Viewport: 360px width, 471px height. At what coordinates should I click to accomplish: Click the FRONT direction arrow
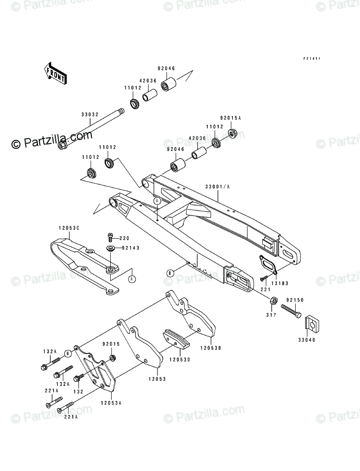pyautogui.click(x=55, y=72)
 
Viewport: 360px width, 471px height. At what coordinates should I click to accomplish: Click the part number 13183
pyautogui.click(x=280, y=284)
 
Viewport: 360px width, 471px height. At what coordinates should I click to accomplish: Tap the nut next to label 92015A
pyautogui.click(x=233, y=133)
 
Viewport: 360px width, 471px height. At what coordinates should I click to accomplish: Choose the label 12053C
pyautogui.click(x=68, y=228)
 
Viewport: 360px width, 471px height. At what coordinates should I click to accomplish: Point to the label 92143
pyautogui.click(x=124, y=248)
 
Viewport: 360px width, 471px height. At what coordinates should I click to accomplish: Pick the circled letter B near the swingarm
pyautogui.click(x=170, y=273)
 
